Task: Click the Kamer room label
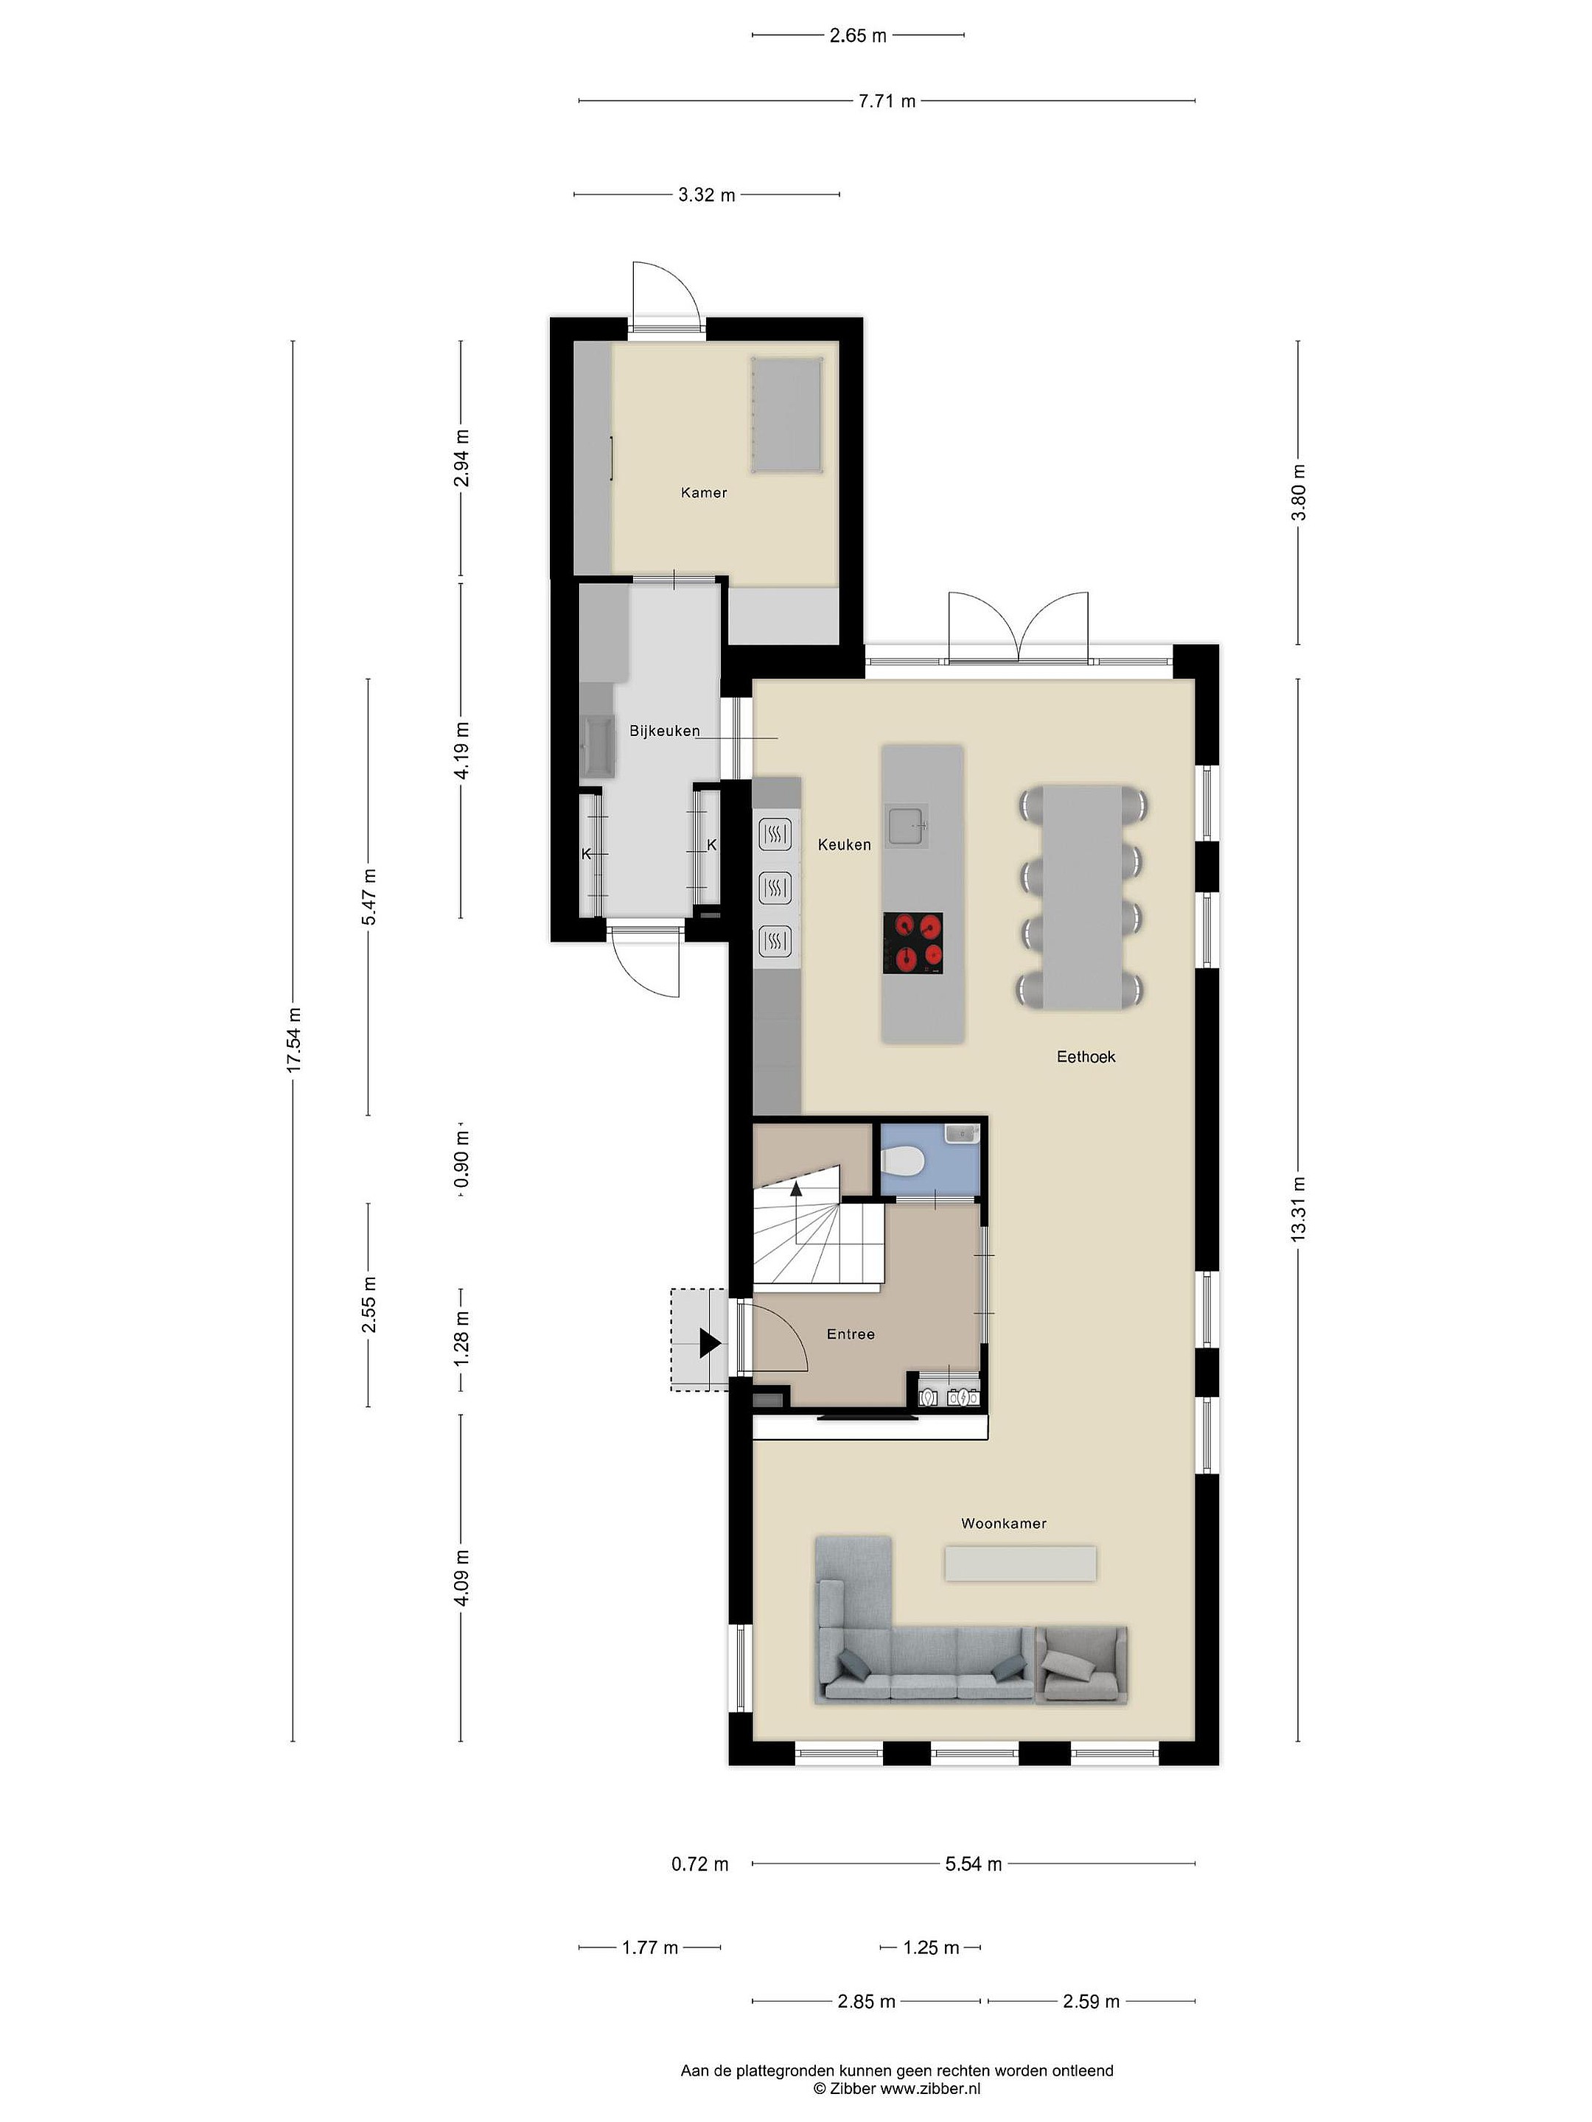tap(703, 492)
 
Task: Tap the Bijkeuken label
tap(664, 731)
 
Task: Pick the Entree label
tap(851, 1334)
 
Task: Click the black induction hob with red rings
tap(912, 943)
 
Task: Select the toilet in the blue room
tap(903, 1163)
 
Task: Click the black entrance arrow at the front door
tap(709, 1343)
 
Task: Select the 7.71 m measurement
tap(887, 101)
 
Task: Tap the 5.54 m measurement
tap(973, 1864)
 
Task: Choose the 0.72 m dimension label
tap(699, 1864)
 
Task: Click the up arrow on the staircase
tap(795, 1189)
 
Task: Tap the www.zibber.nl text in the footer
tap(930, 2087)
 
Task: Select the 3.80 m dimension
tap(1299, 492)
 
